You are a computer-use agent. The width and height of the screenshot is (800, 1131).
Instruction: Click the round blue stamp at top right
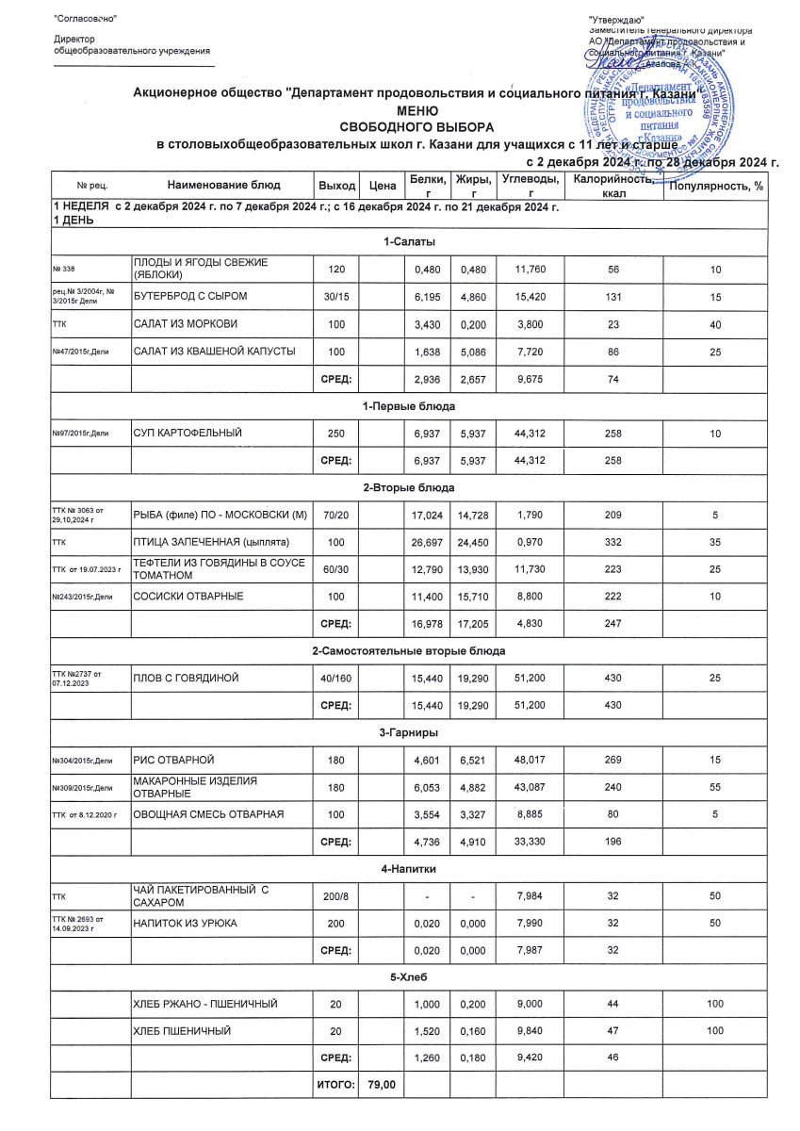670,100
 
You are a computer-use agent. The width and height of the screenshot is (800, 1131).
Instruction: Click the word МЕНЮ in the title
400,110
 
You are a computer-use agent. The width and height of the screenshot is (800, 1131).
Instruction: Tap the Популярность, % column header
716,186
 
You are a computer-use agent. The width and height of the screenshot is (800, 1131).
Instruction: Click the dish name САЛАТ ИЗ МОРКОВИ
186,324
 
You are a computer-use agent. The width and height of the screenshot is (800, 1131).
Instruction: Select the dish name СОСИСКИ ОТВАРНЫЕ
188,596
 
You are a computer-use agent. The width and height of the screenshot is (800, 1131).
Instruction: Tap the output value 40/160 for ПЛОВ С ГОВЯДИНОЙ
336,678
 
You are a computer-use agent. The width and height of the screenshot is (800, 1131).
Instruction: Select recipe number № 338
64,270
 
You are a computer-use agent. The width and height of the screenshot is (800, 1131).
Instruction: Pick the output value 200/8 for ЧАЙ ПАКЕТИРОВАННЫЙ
336,894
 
